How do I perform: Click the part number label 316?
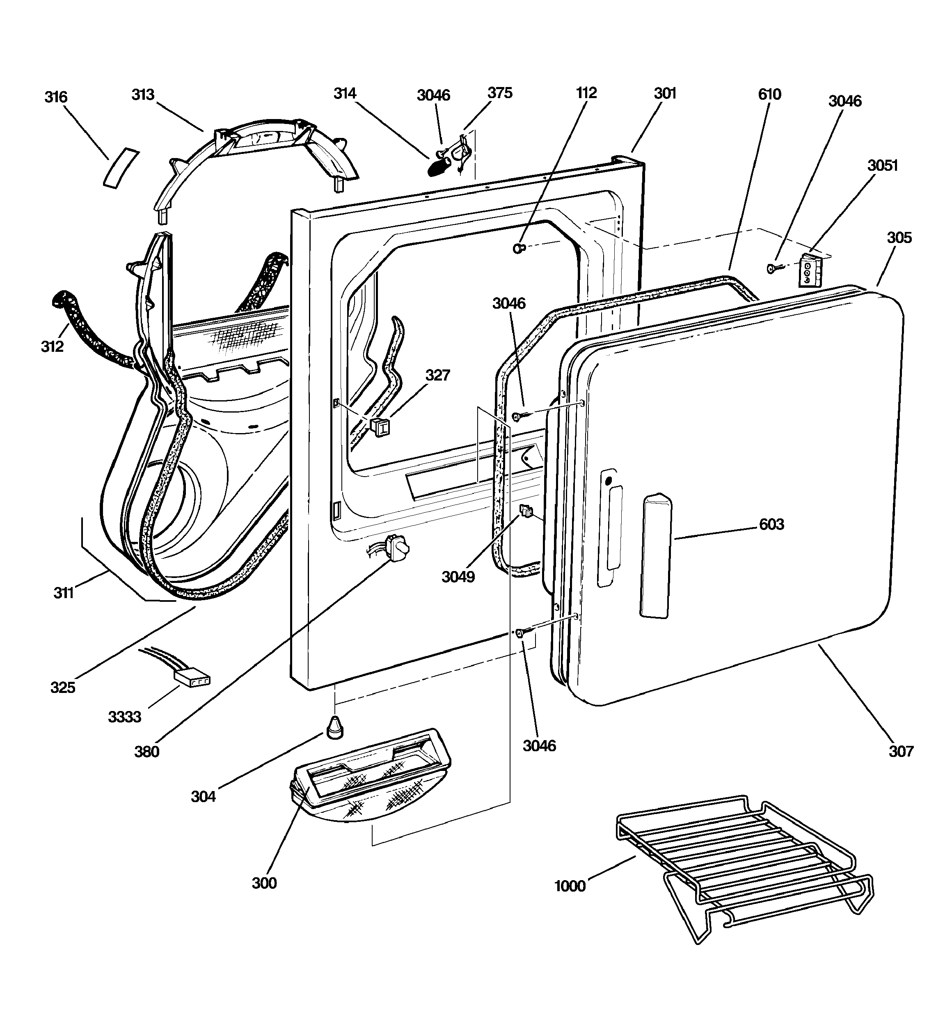pos(56,97)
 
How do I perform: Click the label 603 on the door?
pos(771,524)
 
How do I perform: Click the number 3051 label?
pos(883,165)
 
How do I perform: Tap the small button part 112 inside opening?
pos(518,248)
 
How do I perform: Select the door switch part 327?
pos(379,426)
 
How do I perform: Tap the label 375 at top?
pos(499,93)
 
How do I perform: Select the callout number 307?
pos(900,751)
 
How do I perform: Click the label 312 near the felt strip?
pos(52,346)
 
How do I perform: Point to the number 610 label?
pos(769,94)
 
